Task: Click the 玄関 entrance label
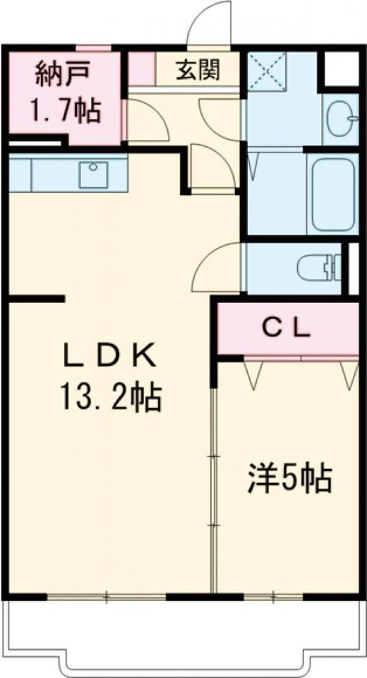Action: click(198, 69)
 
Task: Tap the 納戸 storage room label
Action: click(63, 72)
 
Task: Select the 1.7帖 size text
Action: click(65, 111)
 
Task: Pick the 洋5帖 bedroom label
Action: click(289, 479)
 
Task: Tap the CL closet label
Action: click(287, 330)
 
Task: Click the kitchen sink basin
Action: click(93, 174)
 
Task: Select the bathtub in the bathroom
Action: click(333, 194)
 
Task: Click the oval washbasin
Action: click(342, 118)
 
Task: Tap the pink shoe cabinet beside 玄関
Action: click(142, 69)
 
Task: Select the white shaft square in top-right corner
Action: click(342, 69)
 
